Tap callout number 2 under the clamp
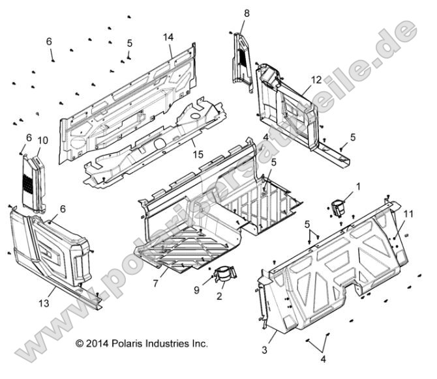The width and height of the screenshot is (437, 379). click(220, 296)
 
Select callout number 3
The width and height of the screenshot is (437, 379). click(264, 350)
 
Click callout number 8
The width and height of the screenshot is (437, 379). click(247, 13)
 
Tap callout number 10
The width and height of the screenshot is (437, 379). click(43, 141)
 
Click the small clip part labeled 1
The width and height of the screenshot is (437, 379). click(340, 208)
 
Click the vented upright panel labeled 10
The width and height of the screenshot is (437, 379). click(33, 182)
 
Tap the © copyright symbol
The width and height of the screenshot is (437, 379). click(80, 343)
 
